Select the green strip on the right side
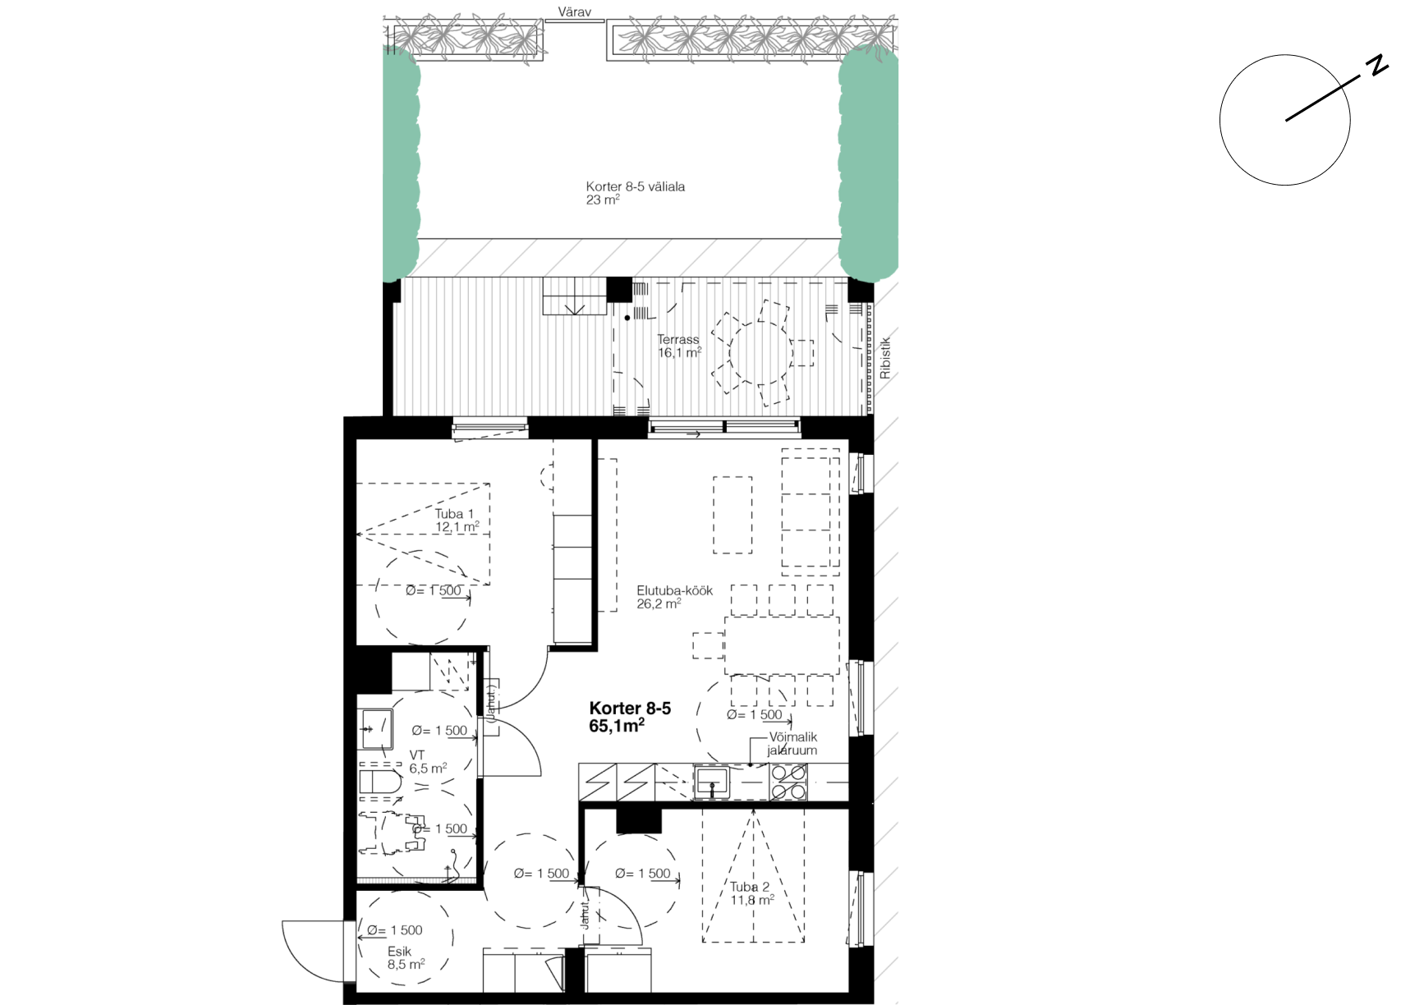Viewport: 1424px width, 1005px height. coord(868,164)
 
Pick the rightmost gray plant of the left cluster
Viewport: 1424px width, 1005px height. coord(526,39)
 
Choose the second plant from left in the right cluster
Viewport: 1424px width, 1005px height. coord(687,38)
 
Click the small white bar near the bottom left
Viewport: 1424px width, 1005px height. coord(416,881)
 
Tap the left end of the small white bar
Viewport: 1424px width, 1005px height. coord(359,881)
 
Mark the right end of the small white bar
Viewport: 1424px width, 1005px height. coord(474,881)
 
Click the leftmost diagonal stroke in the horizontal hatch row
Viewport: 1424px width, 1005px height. coord(428,258)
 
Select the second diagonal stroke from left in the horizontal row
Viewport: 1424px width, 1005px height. coord(472,258)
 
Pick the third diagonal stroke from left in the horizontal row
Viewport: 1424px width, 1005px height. coord(517,258)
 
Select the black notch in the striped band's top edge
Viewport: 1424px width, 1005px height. coord(618,290)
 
